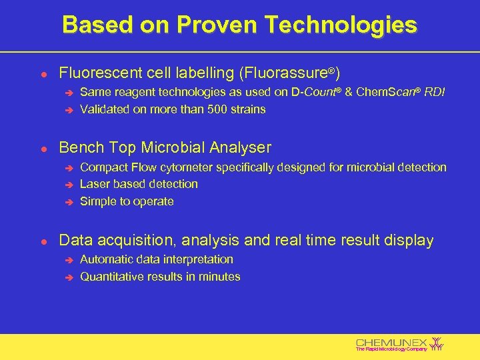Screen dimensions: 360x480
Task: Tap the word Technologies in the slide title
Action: point(341,25)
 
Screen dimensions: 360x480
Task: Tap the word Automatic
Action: point(106,259)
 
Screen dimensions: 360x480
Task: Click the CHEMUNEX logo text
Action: point(392,342)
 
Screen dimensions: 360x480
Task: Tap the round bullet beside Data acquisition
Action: point(42,241)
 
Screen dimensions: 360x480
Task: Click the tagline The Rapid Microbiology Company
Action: point(391,349)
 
